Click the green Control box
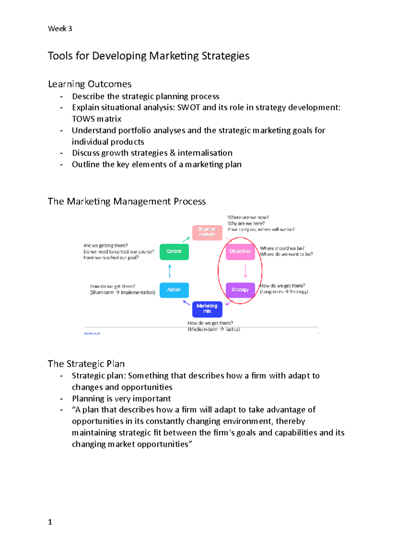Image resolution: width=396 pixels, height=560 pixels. (x=174, y=252)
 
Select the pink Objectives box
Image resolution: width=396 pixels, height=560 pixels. (x=240, y=252)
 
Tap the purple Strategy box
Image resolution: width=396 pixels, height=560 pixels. (x=240, y=290)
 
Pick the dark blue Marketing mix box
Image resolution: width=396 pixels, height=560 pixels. (x=207, y=309)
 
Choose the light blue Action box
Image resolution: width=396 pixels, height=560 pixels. (x=174, y=290)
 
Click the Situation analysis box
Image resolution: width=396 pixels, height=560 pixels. (x=207, y=232)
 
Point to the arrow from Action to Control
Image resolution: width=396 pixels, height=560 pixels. (x=170, y=271)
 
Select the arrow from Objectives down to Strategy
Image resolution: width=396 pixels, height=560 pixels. (x=246, y=271)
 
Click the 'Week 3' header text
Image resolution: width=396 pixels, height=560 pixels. (x=60, y=29)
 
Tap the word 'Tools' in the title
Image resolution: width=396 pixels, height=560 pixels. (x=60, y=56)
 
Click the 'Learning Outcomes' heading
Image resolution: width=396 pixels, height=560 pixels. (x=90, y=84)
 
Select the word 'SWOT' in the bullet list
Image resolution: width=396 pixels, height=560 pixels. (x=188, y=108)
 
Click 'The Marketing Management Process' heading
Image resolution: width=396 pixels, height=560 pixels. (x=127, y=202)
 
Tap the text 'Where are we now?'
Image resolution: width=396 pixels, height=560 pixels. (x=248, y=217)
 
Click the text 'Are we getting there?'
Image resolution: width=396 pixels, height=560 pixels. (x=106, y=245)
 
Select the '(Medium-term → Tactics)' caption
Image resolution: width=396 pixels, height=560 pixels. (x=214, y=329)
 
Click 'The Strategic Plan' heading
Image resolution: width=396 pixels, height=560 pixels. (x=86, y=364)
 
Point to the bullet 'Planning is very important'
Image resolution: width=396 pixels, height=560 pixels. (x=121, y=398)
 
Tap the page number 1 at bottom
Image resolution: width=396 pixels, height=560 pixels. (x=50, y=522)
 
